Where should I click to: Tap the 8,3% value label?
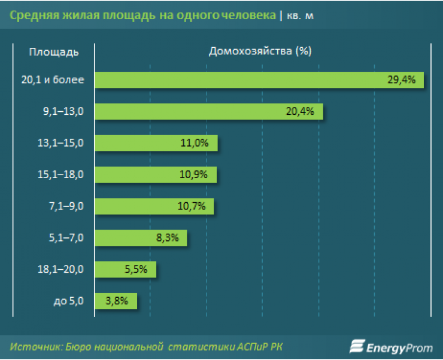tap(167, 237)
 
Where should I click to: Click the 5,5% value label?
tap(136, 269)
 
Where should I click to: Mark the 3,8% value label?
tap(117, 301)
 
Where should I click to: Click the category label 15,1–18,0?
tap(60, 175)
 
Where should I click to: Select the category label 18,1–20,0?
tap(60, 269)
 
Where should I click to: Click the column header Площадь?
tap(54, 51)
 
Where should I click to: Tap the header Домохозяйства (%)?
tap(260, 51)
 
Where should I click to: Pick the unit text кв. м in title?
tap(300, 17)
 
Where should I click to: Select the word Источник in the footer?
tap(37, 346)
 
